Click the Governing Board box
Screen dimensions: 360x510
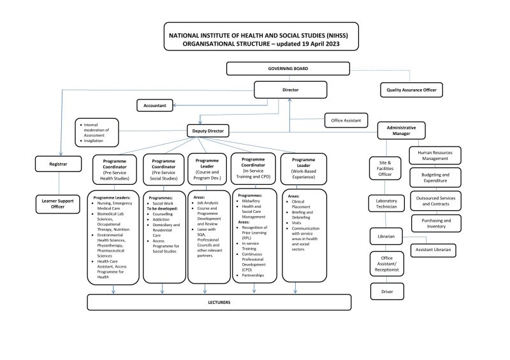[x=288, y=68]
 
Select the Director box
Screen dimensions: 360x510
[x=290, y=90]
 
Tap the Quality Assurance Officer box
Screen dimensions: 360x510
[x=411, y=90]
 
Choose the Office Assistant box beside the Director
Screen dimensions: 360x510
[x=346, y=120]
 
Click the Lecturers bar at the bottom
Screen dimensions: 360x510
[x=219, y=302]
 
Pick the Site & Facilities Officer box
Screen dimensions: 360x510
[x=384, y=168]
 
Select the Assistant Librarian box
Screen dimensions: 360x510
[x=433, y=250]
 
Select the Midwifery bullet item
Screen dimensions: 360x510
[x=249, y=201]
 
